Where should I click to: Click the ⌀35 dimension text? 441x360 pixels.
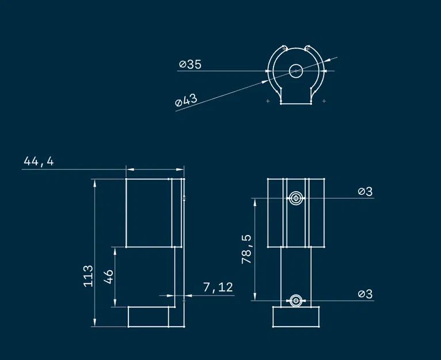coord(190,65)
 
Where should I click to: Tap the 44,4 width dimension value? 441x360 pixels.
coord(39,162)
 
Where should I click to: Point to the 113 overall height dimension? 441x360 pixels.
coord(88,276)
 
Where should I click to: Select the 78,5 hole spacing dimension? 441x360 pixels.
coord(247,249)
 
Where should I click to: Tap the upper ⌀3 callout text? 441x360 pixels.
coord(366,191)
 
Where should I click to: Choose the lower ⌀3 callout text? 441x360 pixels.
coord(366,294)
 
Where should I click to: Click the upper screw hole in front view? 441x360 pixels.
coord(295,198)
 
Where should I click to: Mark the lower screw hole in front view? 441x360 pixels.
coord(295,300)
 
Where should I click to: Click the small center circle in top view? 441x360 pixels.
coord(295,71)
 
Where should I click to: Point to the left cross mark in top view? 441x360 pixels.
coord(268,101)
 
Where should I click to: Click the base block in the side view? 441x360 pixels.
coord(149,316)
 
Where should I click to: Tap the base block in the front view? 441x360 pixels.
coord(295,316)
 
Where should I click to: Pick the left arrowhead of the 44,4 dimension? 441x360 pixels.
coord(129,169)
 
